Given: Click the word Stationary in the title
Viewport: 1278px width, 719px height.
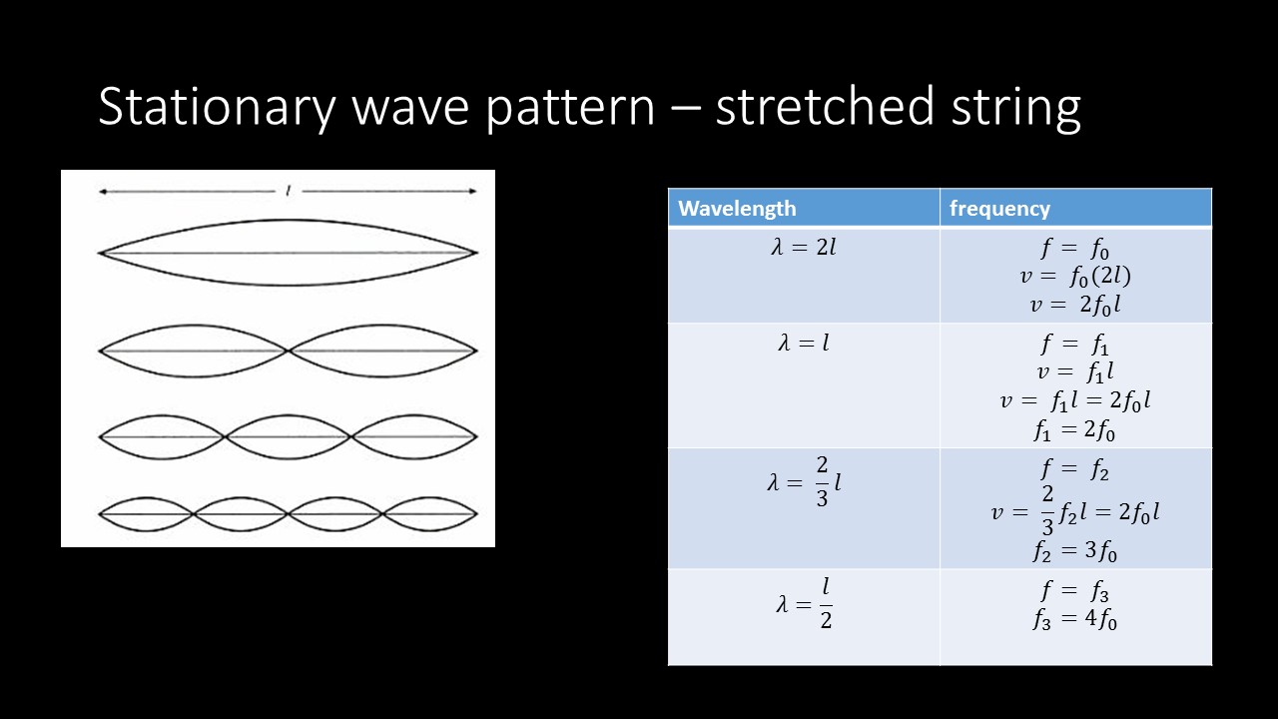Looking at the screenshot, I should point(215,107).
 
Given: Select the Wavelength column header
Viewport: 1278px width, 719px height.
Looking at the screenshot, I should point(737,209).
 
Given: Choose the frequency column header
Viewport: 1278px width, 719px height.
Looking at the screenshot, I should point(999,209).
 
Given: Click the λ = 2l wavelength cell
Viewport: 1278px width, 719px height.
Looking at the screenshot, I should point(804,248).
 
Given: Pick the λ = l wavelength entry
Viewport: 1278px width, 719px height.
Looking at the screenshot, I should point(804,344).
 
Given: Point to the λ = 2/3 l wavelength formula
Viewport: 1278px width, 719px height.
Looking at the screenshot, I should point(804,483).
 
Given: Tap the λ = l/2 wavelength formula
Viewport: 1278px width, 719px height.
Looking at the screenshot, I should point(804,604).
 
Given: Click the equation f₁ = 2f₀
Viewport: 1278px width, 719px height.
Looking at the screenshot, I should point(1075,431).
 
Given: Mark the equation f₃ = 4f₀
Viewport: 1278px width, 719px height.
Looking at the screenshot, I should point(1075,620).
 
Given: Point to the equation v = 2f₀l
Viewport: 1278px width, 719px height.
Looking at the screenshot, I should point(1075,306).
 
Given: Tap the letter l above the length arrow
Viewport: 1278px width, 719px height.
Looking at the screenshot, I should point(289,190).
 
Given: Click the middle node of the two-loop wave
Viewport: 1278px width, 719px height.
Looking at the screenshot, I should point(289,351).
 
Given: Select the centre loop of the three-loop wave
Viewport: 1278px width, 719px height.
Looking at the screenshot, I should point(289,436).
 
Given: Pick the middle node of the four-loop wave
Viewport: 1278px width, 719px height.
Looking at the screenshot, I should point(289,513).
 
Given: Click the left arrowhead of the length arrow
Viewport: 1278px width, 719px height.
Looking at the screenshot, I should point(102,192).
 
